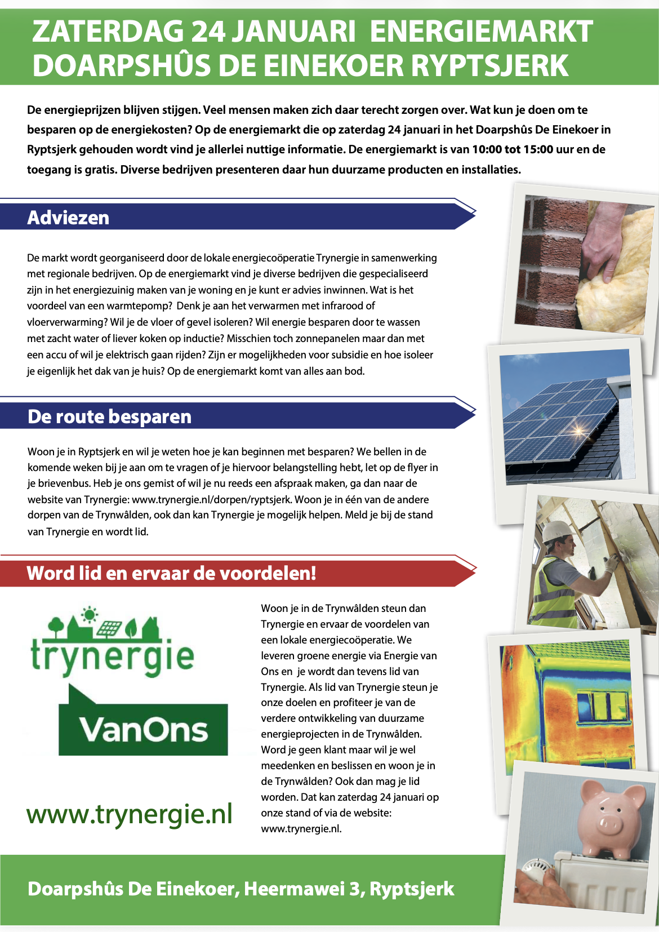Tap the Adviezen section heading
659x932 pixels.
[x=68, y=218]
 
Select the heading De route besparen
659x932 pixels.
[x=109, y=416]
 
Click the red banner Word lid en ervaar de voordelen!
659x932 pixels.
[x=171, y=573]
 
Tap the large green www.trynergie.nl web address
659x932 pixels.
[x=130, y=814]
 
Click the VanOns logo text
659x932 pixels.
[x=144, y=729]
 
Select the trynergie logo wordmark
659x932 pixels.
[x=113, y=656]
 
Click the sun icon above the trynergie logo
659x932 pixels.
[x=89, y=614]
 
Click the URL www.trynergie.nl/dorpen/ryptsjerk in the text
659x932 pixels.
[x=212, y=499]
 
